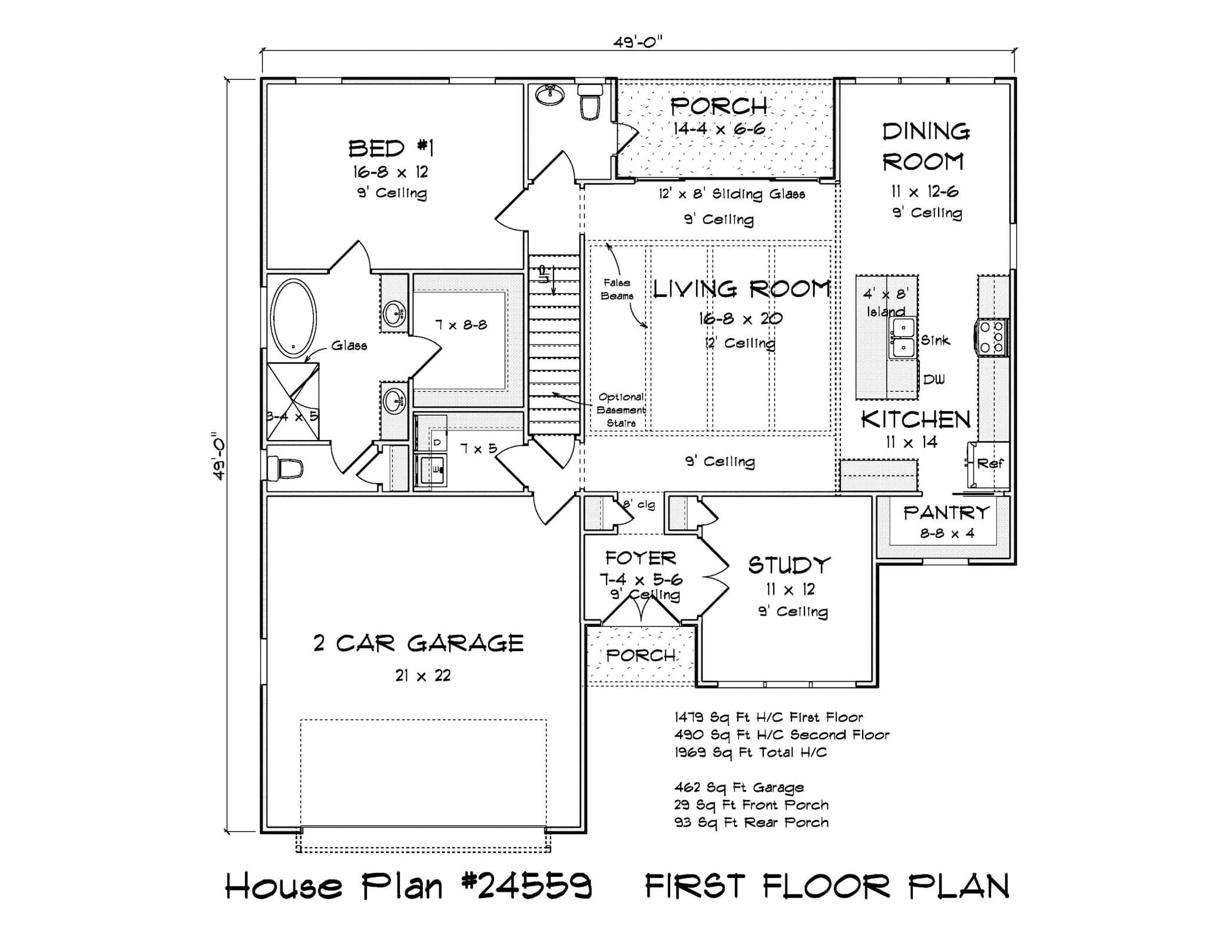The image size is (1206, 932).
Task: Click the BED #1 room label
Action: click(x=390, y=148)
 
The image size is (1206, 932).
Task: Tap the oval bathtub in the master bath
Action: click(x=293, y=319)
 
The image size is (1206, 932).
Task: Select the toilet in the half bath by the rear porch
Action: click(x=589, y=102)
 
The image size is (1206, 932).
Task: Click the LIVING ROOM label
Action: click(x=741, y=289)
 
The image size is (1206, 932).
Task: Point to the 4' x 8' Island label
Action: click(x=886, y=302)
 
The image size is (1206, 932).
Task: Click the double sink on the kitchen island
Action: click(x=903, y=338)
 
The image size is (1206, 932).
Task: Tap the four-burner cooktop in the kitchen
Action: click(x=992, y=337)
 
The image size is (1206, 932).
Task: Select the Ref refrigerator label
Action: click(x=990, y=464)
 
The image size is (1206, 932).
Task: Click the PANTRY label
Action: click(x=946, y=513)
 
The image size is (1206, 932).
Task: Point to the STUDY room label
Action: click(x=789, y=566)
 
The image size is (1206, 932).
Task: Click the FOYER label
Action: click(x=641, y=557)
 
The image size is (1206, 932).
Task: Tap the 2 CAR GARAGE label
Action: click(x=419, y=643)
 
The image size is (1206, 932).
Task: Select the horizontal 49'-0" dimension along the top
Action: click(x=638, y=42)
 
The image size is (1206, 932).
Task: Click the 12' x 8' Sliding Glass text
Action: click(x=731, y=194)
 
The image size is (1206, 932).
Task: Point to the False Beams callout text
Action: click(x=617, y=289)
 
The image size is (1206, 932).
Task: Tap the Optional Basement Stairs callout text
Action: click(x=621, y=410)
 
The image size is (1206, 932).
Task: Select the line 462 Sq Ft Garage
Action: click(x=738, y=788)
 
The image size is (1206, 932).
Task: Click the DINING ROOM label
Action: click(x=925, y=147)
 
